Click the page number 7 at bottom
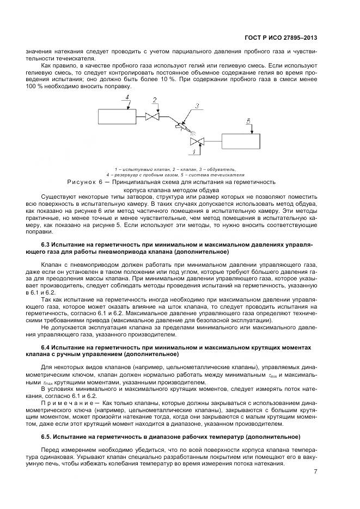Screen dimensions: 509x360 [315, 471]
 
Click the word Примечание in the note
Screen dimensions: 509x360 [66, 401]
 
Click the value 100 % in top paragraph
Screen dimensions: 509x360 [34, 86]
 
